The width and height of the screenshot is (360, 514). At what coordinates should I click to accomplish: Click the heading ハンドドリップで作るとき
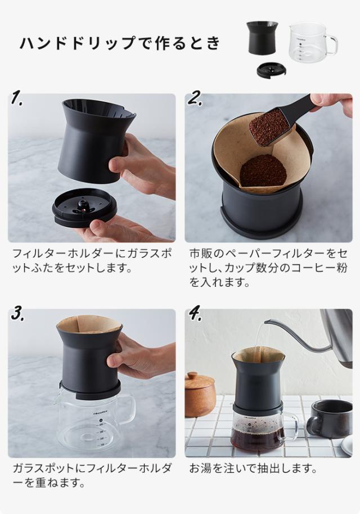click(120, 43)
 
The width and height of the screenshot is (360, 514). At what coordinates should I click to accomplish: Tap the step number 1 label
click(16, 98)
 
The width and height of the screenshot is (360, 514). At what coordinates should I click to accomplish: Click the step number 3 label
click(17, 314)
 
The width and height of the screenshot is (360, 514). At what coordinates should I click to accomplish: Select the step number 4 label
click(195, 314)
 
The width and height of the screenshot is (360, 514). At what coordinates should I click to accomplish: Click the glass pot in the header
click(313, 42)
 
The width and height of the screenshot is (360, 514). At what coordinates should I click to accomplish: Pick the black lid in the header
click(272, 70)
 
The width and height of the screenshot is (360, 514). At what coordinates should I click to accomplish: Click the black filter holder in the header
click(262, 38)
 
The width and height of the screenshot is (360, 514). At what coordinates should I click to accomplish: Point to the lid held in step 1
click(84, 208)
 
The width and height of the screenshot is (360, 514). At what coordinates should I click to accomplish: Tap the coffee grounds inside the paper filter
click(263, 170)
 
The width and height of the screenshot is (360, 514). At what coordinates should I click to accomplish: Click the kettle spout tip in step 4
click(265, 322)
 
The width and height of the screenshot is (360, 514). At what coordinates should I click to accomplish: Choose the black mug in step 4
click(329, 419)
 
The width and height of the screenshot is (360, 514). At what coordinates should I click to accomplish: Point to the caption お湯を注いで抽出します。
click(253, 468)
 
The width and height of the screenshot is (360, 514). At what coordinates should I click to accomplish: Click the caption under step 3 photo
click(92, 475)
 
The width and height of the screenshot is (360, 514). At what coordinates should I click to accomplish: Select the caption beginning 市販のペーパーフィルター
click(268, 268)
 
